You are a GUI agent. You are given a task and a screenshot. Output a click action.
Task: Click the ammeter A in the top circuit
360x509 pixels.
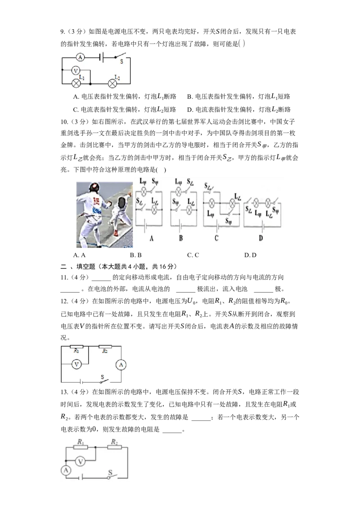pyautogui.click(x=80, y=57)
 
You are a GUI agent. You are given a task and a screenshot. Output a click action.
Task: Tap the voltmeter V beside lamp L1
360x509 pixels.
pyautogui.click(x=76, y=70)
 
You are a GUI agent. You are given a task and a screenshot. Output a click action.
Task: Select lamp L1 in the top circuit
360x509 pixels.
pyautogui.click(x=76, y=83)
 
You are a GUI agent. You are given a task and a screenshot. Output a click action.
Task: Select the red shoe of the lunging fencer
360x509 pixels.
pyautogui.click(x=116, y=233)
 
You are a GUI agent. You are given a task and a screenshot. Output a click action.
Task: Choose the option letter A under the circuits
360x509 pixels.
pyautogui.click(x=152, y=238)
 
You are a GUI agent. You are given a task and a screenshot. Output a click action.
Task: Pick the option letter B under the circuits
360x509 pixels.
pyautogui.click(x=180, y=238)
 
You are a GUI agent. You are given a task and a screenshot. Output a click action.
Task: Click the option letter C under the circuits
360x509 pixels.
pyautogui.click(x=216, y=238)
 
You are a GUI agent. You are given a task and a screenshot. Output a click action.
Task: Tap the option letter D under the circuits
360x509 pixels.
pyautogui.click(x=261, y=238)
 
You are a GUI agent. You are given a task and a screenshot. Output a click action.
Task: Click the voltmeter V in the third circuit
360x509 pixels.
pyautogui.click(x=76, y=365)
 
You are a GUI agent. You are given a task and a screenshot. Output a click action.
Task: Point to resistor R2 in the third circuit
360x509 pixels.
pyautogui.click(x=105, y=347)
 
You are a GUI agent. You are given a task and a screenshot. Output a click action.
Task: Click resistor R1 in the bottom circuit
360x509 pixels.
pyautogui.click(x=81, y=448)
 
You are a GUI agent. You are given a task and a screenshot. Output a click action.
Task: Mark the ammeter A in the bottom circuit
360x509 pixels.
pyautogui.click(x=66, y=470)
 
